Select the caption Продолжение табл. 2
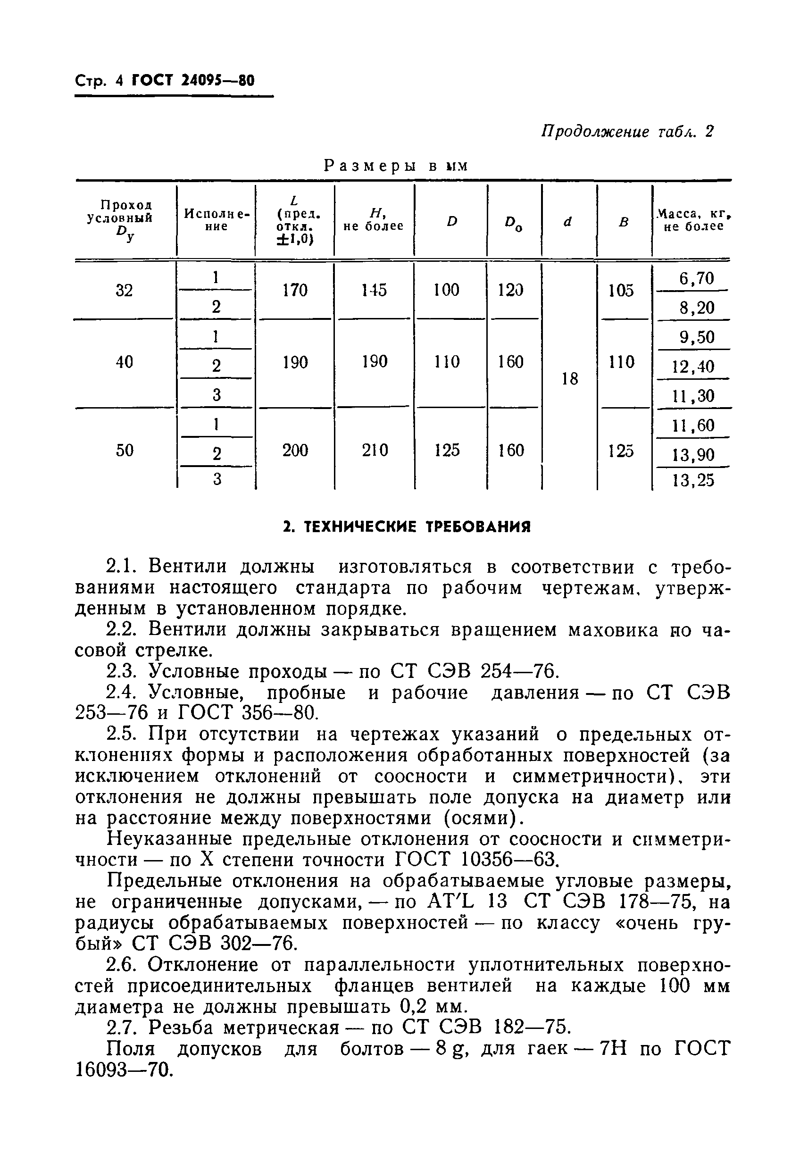tap(627, 132)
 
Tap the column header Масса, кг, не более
tap(693, 221)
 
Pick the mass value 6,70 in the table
tap(696, 278)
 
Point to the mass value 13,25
tap(693, 480)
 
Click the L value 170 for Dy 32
tap(295, 290)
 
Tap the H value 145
tap(374, 290)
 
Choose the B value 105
tap(621, 291)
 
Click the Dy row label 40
tap(125, 362)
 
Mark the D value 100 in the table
tap(447, 290)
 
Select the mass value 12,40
tap(693, 367)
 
